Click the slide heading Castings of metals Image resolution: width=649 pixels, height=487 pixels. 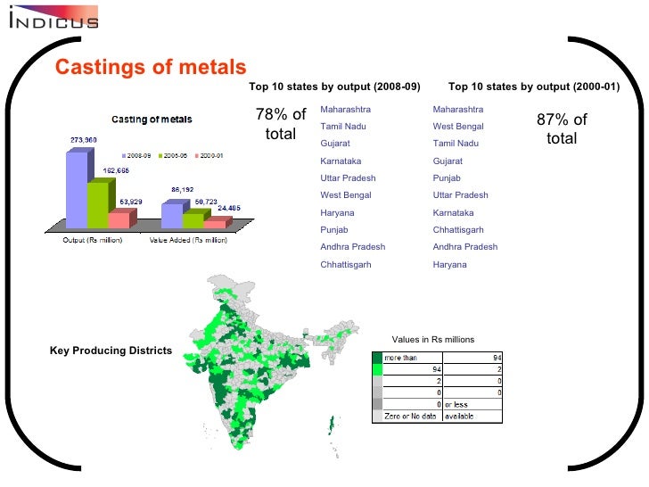point(150,67)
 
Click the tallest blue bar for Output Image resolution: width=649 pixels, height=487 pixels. point(78,192)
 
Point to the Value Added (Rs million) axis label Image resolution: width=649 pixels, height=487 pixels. point(183,239)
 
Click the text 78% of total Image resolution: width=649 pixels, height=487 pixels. point(281,125)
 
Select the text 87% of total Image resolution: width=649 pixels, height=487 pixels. point(562,128)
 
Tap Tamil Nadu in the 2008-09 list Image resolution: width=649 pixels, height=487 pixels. point(343,127)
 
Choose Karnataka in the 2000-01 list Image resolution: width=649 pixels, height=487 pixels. point(453,213)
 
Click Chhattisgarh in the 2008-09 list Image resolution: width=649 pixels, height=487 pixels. point(346,265)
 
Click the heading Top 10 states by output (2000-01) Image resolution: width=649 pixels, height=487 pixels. point(533,87)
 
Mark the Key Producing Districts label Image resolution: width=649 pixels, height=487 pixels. point(111,351)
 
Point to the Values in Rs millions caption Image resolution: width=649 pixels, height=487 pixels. point(432,339)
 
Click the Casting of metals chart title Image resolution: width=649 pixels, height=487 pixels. point(151,120)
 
